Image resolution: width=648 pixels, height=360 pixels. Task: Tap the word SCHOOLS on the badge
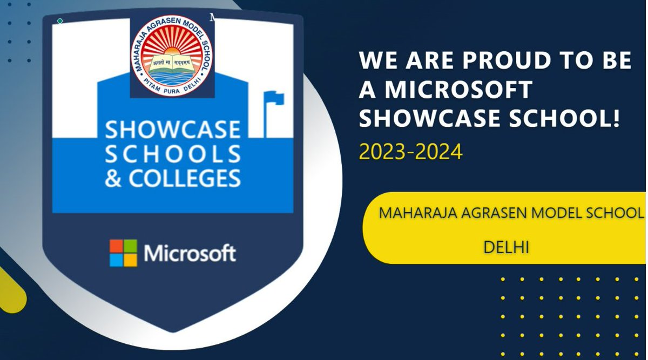tap(173, 154)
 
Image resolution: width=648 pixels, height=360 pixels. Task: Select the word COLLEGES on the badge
tap(184, 178)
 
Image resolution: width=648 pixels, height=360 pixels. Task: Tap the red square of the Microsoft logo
tap(116, 246)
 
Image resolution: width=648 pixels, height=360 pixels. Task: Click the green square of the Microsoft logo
tap(130, 246)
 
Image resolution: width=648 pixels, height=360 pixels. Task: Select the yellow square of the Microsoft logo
tap(130, 260)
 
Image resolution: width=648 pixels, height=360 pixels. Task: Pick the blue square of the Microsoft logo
tap(116, 260)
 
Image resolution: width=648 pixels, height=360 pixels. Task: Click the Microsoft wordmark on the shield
tap(190, 253)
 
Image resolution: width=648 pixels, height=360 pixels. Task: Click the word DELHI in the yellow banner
tap(506, 248)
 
